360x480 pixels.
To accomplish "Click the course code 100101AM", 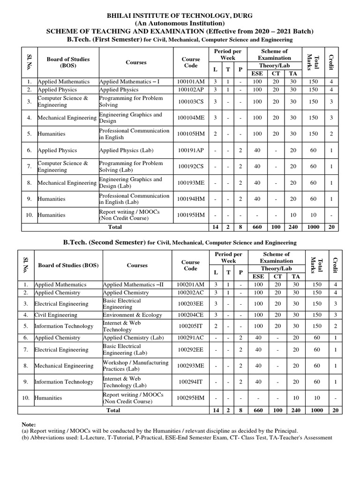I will click(190, 82).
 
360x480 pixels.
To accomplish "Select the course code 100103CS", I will click(190, 102).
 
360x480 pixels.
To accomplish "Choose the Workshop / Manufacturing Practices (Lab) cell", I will click(135, 366).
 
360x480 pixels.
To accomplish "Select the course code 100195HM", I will click(190, 215).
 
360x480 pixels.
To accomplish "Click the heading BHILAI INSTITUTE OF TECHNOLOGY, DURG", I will click(180, 15).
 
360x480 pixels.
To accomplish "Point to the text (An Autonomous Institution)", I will click(180, 23).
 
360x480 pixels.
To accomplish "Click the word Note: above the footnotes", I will click(29, 424).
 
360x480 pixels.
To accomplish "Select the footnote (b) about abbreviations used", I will click(177, 437).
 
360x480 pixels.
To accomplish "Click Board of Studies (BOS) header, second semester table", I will click(68, 265).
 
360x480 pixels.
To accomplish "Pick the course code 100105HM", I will click(190, 134).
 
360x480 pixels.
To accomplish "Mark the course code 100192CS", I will click(190, 166).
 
